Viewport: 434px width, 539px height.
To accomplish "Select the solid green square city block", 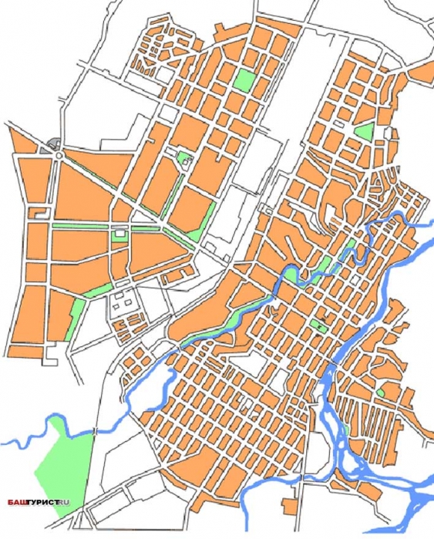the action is (244, 79).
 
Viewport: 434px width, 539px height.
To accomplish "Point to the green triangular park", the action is (364, 131).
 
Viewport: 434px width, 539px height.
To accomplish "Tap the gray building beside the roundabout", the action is (52, 144).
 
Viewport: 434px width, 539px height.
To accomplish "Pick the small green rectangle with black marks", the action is (319, 327).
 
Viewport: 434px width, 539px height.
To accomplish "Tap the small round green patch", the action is (380, 392).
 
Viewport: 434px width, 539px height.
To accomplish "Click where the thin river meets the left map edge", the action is (3, 443).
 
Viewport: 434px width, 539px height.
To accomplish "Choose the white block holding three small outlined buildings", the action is (121, 304).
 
